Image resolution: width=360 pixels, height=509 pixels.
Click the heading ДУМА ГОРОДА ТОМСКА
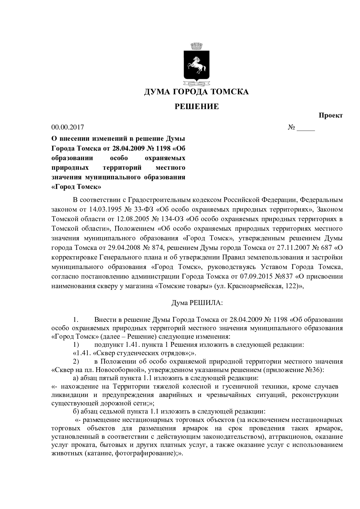[197, 92]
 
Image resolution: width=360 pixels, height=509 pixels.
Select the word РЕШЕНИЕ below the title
[197, 107]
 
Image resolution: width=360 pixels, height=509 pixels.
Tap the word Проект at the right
[331, 115]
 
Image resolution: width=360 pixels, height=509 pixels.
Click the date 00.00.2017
[67, 127]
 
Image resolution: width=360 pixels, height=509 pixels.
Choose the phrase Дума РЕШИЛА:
[197, 303]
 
